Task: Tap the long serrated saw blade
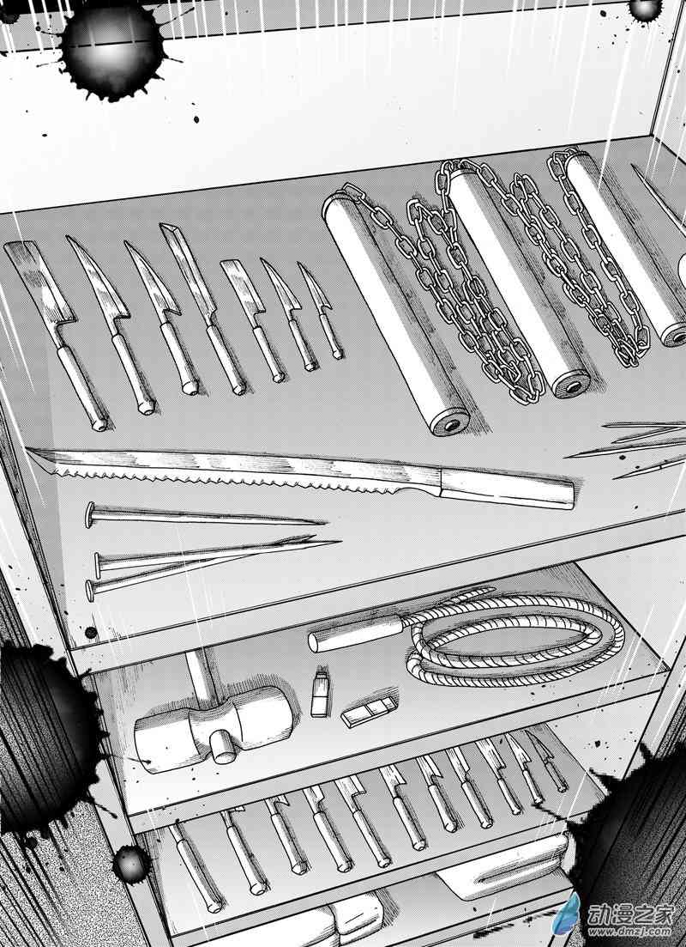tap(235, 468)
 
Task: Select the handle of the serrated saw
tap(507, 487)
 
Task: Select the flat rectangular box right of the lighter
tap(370, 711)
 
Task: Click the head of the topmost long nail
tap(91, 514)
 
